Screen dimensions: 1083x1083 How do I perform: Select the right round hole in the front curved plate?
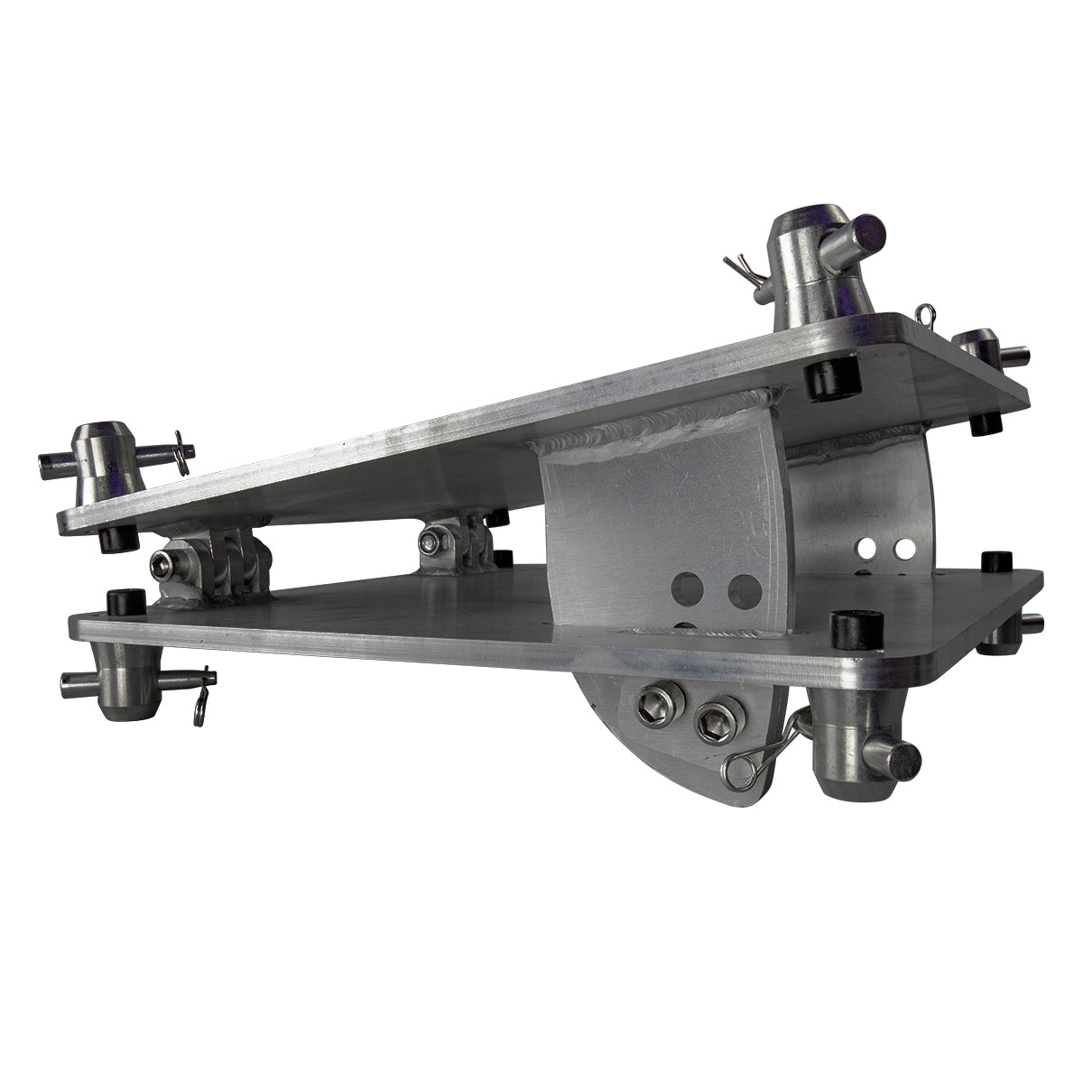pyautogui.click(x=744, y=592)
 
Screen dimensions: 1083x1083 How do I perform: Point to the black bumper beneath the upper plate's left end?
pyautogui.click(x=115, y=538)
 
